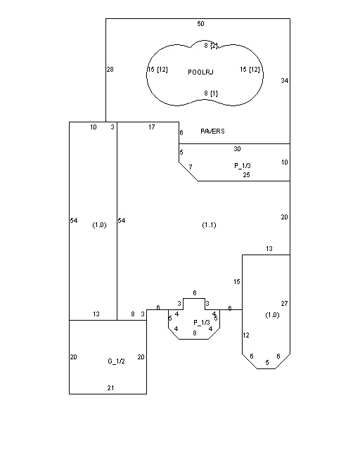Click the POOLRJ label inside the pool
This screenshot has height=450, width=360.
(x=200, y=72)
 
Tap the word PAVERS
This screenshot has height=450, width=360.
(x=212, y=131)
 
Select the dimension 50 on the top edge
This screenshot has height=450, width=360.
(x=200, y=23)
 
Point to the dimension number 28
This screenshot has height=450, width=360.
(x=110, y=69)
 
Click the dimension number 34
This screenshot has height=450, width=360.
(x=285, y=81)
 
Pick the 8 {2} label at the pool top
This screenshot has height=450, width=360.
(x=211, y=46)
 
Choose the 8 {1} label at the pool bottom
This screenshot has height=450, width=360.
(x=211, y=94)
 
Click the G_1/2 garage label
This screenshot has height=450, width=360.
(x=116, y=361)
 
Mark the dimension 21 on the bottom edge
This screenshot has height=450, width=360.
(x=111, y=387)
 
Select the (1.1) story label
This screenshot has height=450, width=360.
(x=209, y=225)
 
